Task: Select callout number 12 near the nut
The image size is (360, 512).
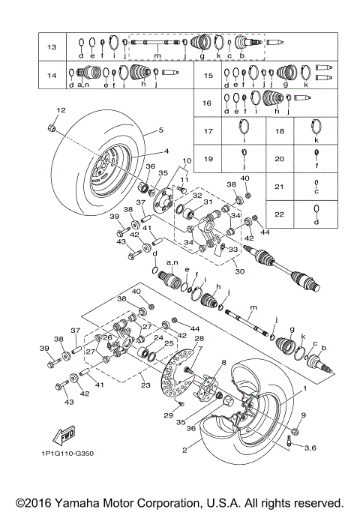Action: [x=60, y=111]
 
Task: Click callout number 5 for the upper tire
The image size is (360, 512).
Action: [x=159, y=130]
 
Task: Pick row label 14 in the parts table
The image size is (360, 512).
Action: [x=52, y=75]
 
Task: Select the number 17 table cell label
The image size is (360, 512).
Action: [x=208, y=130]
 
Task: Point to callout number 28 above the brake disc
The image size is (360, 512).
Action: [x=198, y=338]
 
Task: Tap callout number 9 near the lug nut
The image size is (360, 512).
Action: [x=303, y=415]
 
